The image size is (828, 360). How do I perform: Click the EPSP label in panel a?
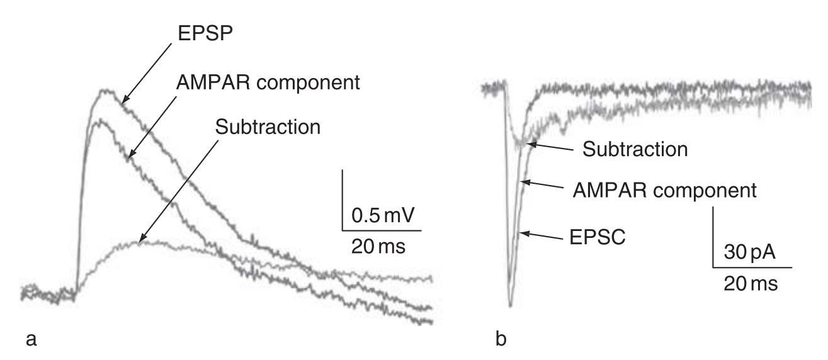point(205,33)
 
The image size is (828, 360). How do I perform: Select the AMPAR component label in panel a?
point(268,82)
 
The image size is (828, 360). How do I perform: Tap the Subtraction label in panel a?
point(268,127)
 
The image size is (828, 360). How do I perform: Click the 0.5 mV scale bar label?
point(383,215)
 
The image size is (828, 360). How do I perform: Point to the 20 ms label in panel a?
point(378,247)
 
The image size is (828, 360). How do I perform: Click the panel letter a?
point(31,339)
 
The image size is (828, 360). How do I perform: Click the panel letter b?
point(501,338)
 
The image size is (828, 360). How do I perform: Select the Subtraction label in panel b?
point(635,149)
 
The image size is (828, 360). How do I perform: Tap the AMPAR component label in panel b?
point(665,190)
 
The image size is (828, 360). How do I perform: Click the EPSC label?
point(598,237)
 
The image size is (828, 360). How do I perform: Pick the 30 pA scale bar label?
point(749,252)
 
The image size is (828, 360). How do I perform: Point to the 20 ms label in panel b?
point(751,284)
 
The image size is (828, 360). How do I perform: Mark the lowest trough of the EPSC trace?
point(511,305)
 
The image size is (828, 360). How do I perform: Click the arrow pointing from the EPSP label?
point(147,73)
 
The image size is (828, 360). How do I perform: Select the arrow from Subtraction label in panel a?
point(178,191)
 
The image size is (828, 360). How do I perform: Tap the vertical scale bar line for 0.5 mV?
point(343,200)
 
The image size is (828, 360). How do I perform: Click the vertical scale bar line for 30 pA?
point(713,237)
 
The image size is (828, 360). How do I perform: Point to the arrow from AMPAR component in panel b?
point(542,184)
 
